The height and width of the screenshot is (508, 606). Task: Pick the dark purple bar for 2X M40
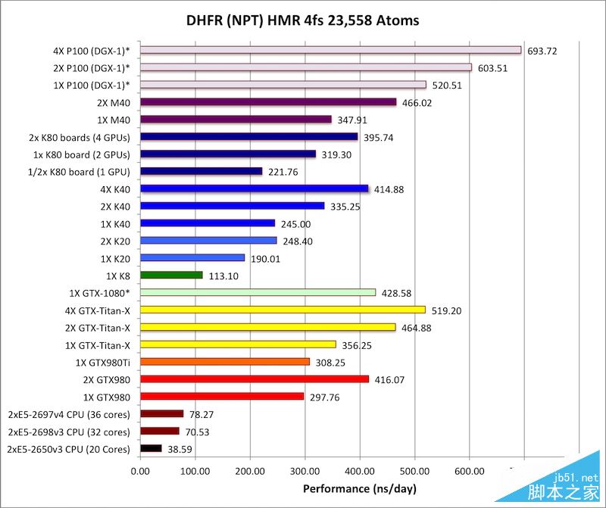(268, 102)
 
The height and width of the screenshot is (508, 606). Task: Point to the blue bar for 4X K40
(254, 189)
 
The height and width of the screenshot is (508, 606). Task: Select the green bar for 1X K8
(171, 275)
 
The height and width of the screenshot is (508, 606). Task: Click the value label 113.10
(223, 276)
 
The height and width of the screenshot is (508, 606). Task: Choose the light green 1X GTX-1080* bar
(258, 292)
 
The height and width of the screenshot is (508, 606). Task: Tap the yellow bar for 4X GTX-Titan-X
(283, 310)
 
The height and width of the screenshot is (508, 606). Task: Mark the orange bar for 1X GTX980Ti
(225, 362)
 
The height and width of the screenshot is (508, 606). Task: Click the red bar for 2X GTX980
(255, 379)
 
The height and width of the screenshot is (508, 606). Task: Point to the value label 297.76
(325, 397)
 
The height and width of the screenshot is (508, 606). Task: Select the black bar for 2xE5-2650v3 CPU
(151, 448)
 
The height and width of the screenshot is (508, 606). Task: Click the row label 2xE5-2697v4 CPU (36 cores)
(69, 414)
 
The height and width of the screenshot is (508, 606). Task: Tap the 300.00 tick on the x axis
(305, 472)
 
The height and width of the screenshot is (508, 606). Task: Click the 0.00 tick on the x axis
(140, 472)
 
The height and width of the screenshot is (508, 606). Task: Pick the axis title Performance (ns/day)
(358, 489)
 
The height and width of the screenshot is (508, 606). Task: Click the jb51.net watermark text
(576, 478)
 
